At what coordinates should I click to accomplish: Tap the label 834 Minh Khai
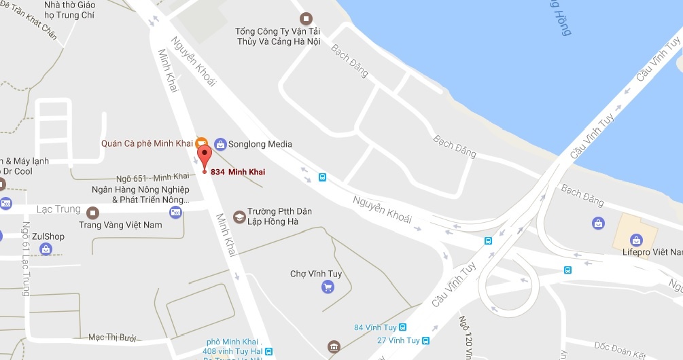[x=238, y=172]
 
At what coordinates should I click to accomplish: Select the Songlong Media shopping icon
[x=220, y=144]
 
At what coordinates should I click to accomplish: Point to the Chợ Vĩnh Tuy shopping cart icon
[x=328, y=287]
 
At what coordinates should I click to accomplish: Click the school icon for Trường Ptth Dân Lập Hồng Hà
[x=239, y=217]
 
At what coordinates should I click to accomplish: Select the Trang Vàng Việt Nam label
[x=120, y=225]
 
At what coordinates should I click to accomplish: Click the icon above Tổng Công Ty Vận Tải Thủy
[x=307, y=18]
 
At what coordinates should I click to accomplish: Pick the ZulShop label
[x=48, y=236]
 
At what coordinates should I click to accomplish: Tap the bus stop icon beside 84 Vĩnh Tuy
[x=402, y=327]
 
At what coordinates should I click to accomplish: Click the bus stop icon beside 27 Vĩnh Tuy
[x=425, y=340]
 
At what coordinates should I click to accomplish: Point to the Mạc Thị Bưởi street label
[x=113, y=338]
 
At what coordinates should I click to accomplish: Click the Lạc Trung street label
[x=59, y=209]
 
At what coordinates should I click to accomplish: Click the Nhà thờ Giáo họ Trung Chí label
[x=69, y=10]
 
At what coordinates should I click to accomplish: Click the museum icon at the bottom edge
[x=332, y=348]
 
